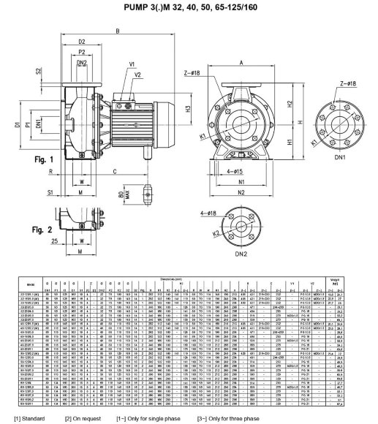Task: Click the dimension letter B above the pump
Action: [118, 30]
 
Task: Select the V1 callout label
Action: [132, 64]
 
